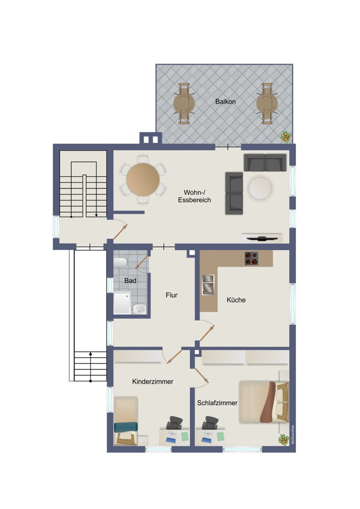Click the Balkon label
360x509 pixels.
tap(225, 102)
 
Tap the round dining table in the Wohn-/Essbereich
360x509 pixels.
tap(143, 179)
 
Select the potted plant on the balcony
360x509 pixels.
tap(287, 136)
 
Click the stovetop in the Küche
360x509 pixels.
tap(251, 259)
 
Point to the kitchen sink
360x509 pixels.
tap(208, 285)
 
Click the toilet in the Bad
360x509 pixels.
tap(120, 263)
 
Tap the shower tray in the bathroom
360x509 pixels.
tap(122, 303)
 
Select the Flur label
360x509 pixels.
tap(172, 295)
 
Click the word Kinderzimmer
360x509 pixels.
tap(152, 381)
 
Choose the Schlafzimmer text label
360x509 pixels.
tap(217, 403)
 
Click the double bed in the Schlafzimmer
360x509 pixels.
tap(263, 402)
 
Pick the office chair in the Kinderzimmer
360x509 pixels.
tap(174, 423)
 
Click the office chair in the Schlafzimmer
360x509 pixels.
tap(210, 423)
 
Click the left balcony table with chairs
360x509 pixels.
tap(184, 104)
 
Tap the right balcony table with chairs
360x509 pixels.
tap(267, 104)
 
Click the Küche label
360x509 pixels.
tap(236, 300)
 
